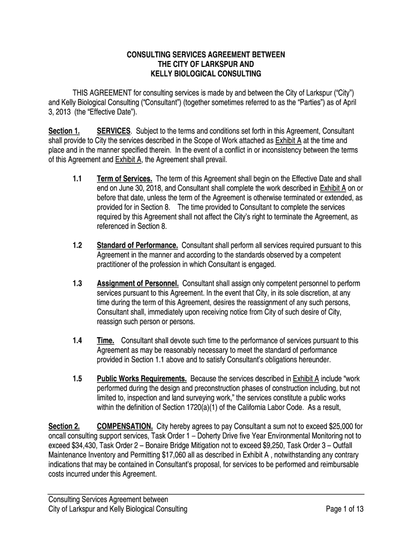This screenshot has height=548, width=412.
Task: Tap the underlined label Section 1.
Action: tap(64, 131)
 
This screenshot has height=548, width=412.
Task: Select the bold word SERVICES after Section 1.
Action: tap(113, 131)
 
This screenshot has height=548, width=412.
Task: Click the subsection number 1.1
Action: tap(77, 178)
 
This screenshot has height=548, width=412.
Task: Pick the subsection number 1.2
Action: tap(77, 245)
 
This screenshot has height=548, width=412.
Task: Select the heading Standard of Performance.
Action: tap(138, 245)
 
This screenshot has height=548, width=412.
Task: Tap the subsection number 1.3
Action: tap(77, 283)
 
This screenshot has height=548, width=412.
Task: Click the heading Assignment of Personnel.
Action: tap(138, 283)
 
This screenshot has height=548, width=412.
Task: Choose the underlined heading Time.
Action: tap(105, 340)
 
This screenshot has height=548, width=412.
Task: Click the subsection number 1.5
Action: tap(77, 379)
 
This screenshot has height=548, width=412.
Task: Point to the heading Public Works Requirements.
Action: tap(142, 379)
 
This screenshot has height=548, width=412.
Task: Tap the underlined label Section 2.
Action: tap(64, 427)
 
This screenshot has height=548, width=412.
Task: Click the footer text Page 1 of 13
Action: tap(345, 509)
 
